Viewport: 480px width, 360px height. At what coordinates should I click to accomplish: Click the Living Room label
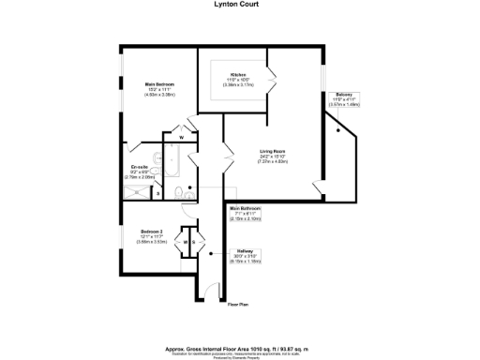pyautogui.click(x=272, y=152)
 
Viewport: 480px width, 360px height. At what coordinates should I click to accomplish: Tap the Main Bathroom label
pyautogui.click(x=246, y=208)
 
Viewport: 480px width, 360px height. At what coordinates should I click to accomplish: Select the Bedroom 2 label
pyautogui.click(x=152, y=231)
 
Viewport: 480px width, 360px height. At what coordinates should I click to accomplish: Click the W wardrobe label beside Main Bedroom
pyautogui.click(x=181, y=136)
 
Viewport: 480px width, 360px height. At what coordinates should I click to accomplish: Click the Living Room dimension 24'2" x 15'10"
pyautogui.click(x=272, y=157)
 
